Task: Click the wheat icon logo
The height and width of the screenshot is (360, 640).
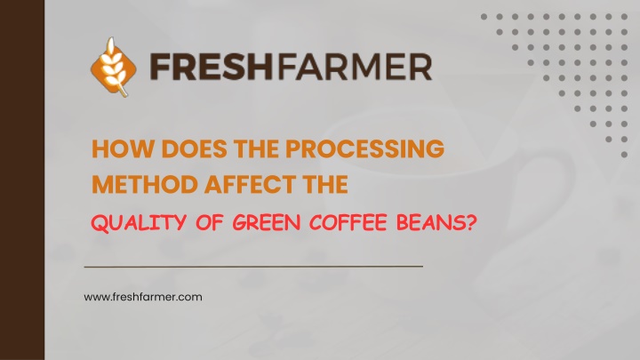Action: point(114,68)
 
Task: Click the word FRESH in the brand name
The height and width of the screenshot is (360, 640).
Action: point(211,67)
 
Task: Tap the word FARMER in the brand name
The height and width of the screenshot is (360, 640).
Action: point(354,67)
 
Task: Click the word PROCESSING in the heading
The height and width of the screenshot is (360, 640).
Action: point(364,148)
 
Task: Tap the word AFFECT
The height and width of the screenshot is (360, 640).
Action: point(251,184)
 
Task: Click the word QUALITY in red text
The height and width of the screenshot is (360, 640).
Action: point(139,223)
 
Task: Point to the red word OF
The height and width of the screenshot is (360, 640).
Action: point(210,223)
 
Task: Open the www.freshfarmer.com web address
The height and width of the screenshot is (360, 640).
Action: point(143,297)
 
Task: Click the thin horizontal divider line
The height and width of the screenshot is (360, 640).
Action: point(253,267)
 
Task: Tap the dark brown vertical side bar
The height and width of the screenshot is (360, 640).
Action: point(22,180)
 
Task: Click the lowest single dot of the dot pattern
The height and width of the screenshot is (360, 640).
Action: point(624,155)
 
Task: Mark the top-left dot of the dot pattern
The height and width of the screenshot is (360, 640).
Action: point(484,17)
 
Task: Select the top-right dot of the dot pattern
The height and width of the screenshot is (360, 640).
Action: point(624,17)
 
